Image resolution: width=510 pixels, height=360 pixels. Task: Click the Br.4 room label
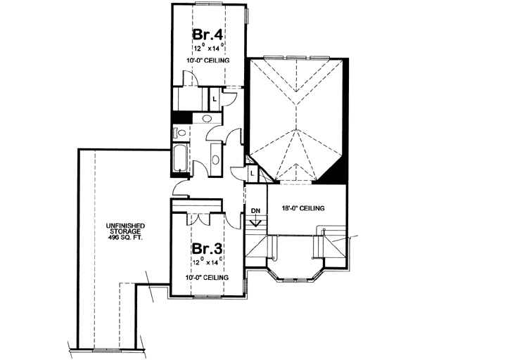pos(208,34)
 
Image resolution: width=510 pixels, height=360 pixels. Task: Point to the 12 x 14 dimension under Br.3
pos(208,263)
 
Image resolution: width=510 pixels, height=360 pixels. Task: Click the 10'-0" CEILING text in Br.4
pos(208,63)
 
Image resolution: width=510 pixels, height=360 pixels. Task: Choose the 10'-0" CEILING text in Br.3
pos(208,278)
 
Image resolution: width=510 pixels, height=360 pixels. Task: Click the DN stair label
pos(256,210)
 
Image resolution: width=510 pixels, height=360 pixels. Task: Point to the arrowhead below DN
pos(256,223)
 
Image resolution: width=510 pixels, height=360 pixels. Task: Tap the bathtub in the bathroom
pos(179,158)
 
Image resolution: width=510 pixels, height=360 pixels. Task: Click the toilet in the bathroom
pos(180,131)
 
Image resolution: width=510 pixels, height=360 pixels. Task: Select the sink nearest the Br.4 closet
pos(207,117)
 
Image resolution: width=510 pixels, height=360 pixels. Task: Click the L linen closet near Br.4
pos(214,99)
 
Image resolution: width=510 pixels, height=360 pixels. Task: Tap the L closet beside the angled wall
pos(252,172)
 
